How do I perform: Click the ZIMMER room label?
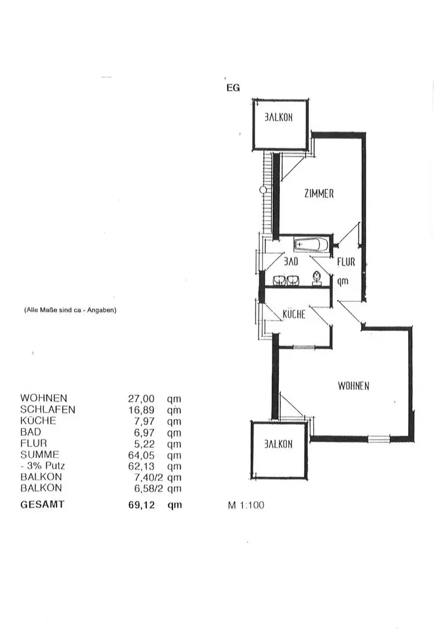pyautogui.click(x=318, y=194)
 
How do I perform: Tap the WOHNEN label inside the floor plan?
pyautogui.click(x=353, y=386)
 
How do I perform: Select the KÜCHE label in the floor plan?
pyautogui.click(x=293, y=314)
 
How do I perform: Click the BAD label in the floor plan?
pyautogui.click(x=290, y=260)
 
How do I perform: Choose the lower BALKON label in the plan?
pyautogui.click(x=278, y=444)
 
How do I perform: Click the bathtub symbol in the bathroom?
pyautogui.click(x=311, y=244)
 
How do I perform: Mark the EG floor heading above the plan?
pyautogui.click(x=233, y=88)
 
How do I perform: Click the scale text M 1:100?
pyautogui.click(x=246, y=504)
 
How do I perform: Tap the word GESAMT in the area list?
pyautogui.click(x=42, y=504)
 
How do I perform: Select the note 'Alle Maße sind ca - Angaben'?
pyautogui.click(x=70, y=309)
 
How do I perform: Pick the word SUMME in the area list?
pyautogui.click(x=40, y=454)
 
